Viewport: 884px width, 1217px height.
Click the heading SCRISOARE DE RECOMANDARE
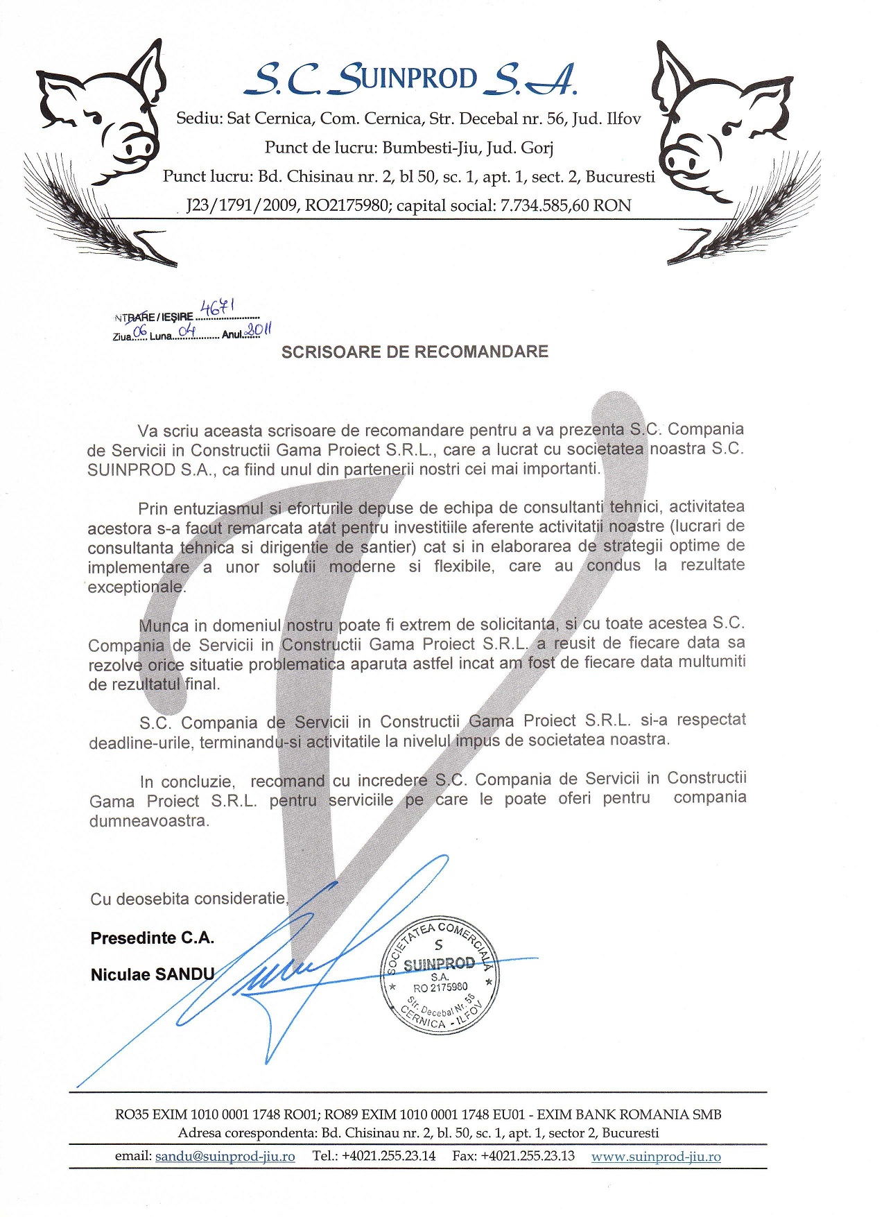[415, 352]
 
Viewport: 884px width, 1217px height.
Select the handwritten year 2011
[258, 331]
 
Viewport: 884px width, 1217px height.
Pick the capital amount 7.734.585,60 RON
[566, 206]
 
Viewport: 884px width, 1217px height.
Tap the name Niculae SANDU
[153, 974]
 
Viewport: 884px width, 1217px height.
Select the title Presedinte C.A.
[152, 938]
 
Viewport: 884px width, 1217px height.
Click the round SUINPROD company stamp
[440, 974]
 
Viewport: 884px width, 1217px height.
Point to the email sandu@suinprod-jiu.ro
[225, 1157]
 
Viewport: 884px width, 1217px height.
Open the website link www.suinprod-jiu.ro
[656, 1157]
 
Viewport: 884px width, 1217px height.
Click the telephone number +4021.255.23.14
[388, 1156]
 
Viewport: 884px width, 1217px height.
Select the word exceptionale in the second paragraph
[136, 587]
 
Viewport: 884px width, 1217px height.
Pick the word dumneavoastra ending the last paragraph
[148, 820]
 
